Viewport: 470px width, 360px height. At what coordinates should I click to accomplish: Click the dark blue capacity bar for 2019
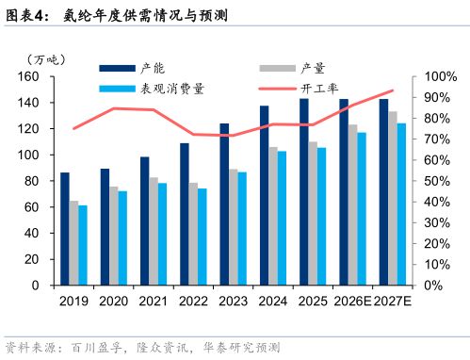65,229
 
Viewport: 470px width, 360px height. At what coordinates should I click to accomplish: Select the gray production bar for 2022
193,234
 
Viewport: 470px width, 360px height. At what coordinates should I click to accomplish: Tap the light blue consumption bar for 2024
282,219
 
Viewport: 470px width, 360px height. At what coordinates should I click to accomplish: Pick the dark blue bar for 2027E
383,192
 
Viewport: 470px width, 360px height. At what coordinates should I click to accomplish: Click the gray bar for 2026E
352,205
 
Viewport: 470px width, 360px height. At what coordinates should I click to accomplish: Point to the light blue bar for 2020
122,238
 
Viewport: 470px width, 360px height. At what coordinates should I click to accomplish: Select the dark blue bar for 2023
224,205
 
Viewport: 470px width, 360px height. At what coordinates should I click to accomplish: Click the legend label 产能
153,68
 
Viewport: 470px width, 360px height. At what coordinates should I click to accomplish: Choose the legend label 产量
313,68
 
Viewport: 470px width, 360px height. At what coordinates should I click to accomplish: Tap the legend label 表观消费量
172,89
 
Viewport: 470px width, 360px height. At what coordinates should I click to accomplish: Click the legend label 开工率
319,89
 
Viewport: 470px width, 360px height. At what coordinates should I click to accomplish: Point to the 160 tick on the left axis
28,76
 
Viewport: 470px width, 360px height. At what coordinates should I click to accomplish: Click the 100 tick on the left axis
28,155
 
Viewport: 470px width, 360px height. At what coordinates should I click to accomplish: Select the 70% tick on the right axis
437,139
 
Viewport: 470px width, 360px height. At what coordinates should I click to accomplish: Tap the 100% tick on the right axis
441,76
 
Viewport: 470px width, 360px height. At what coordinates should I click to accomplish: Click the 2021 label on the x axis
154,301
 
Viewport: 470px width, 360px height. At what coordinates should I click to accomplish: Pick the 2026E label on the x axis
352,301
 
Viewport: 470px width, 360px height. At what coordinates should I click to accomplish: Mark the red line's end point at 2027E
393,90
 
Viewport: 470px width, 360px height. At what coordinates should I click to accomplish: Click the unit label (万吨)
46,59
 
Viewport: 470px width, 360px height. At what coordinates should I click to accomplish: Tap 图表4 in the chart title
24,15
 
